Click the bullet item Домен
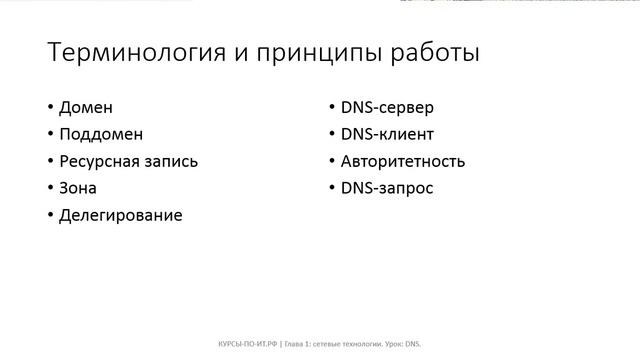click(x=86, y=107)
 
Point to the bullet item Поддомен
click(x=101, y=134)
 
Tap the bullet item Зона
click(x=79, y=188)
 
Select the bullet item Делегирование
click(x=121, y=215)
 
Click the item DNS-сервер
click(x=387, y=107)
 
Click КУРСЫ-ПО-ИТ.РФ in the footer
click(x=250, y=344)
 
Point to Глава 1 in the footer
click(x=299, y=344)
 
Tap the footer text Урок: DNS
click(x=399, y=344)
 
